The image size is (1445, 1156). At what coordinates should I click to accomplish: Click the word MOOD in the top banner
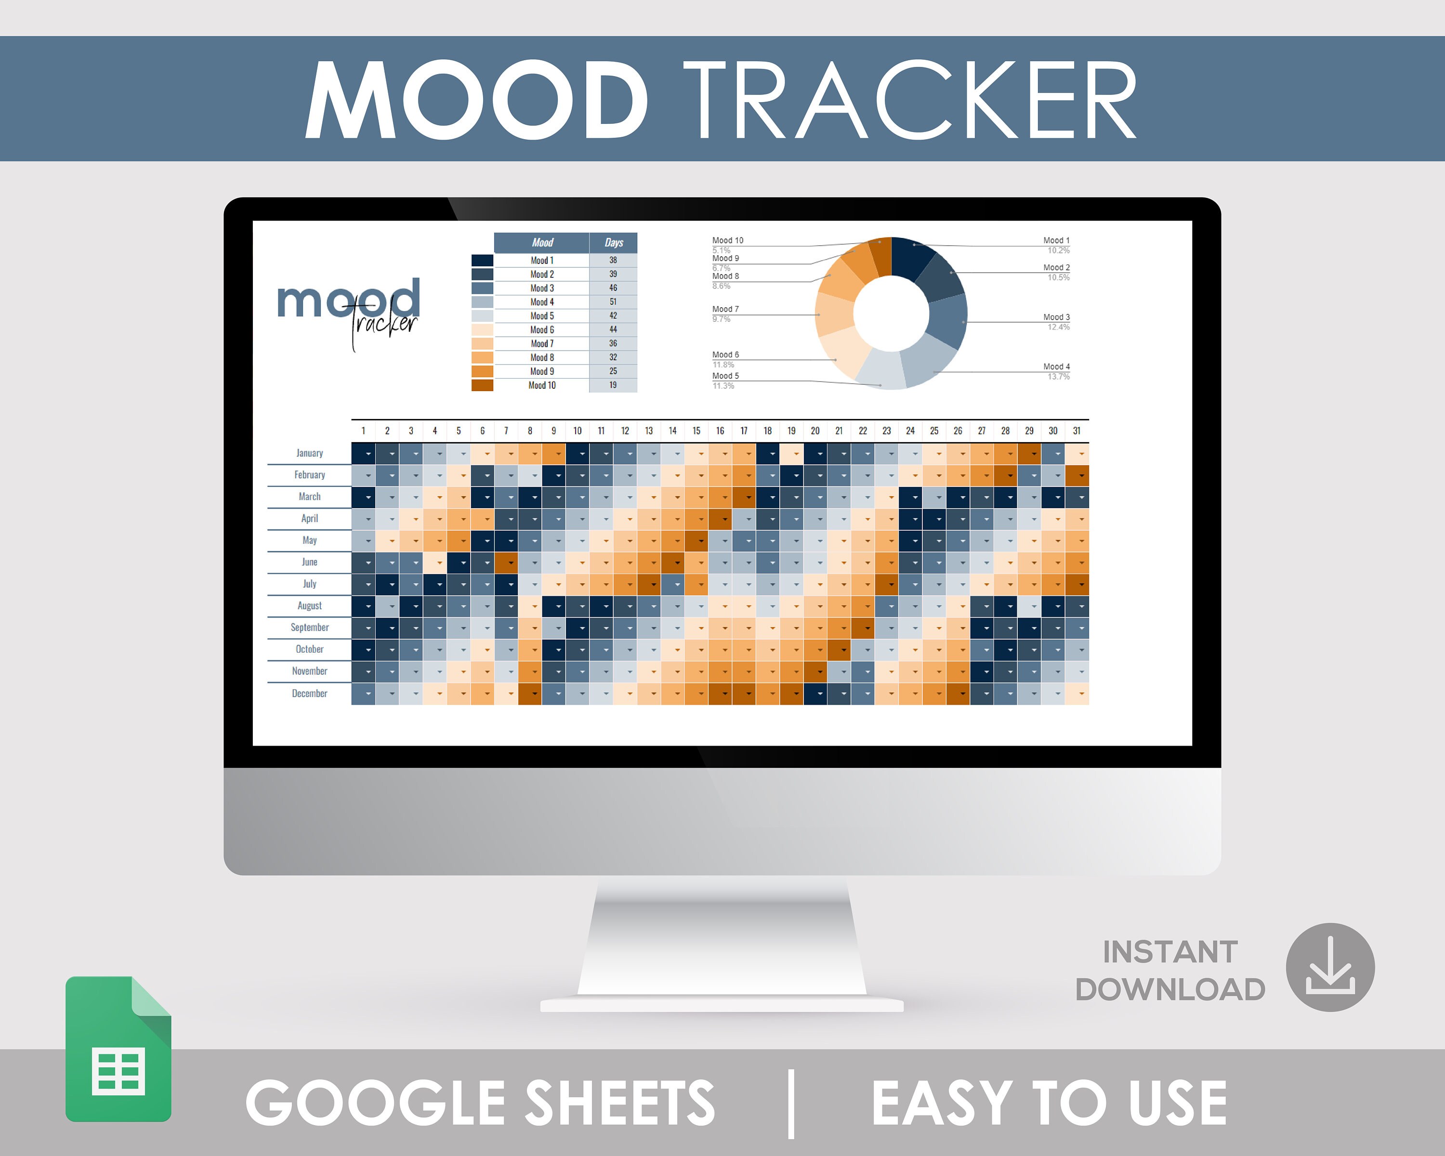coord(476,99)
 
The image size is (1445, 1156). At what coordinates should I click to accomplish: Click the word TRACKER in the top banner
coord(909,99)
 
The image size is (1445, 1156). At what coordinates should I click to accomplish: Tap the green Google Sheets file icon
coord(118,1049)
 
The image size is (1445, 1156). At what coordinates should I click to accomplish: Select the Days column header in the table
coord(613,243)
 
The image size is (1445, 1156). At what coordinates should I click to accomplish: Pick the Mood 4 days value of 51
coord(613,302)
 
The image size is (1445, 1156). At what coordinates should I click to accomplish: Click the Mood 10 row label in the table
coord(541,385)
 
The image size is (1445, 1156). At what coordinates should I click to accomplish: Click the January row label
coord(310,453)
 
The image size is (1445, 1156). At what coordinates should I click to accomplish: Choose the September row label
coord(310,627)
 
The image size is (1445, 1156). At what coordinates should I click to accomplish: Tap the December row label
coord(310,694)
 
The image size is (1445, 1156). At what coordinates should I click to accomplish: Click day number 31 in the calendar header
coord(1077,431)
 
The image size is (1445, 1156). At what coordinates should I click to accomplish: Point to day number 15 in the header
coord(696,431)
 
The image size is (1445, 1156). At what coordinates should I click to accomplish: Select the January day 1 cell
coord(363,454)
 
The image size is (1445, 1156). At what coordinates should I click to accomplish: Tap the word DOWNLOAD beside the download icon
coord(1169,990)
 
